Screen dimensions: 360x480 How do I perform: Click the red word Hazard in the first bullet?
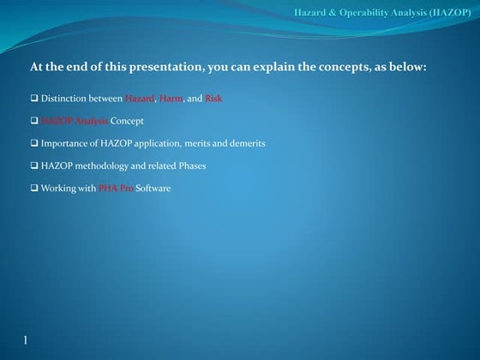140,99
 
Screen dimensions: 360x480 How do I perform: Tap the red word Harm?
171,99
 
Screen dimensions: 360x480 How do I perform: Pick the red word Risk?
213,99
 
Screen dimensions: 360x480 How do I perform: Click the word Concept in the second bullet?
127,121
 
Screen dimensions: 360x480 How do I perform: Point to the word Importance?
63,143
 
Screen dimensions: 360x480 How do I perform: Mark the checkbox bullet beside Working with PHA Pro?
34,188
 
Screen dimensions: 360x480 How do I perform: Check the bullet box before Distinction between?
34,99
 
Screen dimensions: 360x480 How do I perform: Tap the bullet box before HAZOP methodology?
34,165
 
